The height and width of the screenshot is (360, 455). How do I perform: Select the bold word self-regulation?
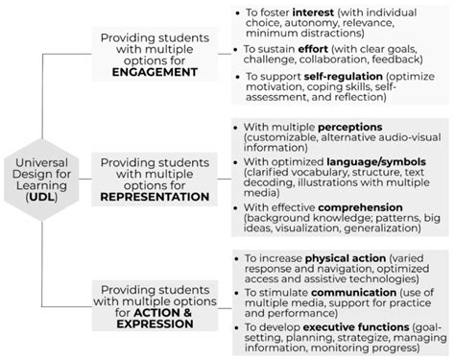[x=332, y=76]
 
